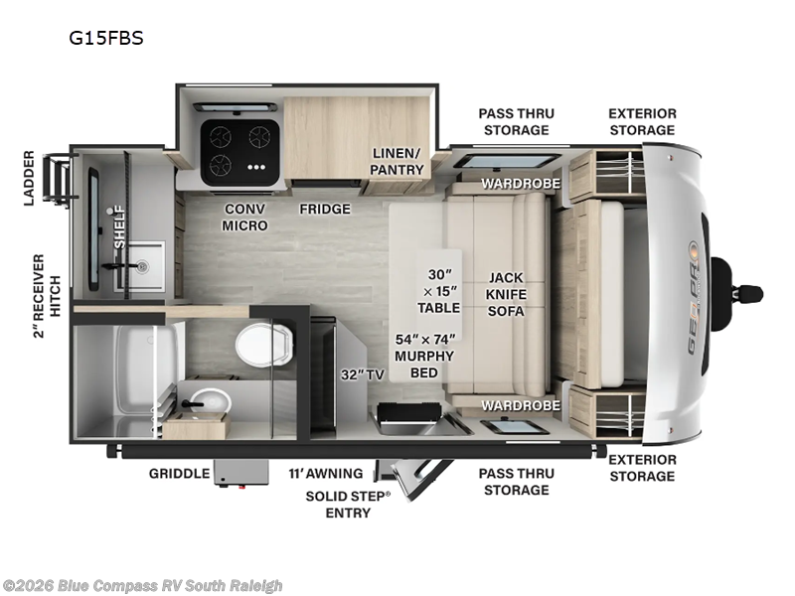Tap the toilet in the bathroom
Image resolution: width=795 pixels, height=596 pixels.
click(x=263, y=345)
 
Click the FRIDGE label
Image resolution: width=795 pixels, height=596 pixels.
click(x=325, y=209)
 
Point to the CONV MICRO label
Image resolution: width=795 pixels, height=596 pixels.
click(x=244, y=218)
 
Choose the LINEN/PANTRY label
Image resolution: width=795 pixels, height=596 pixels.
click(x=397, y=162)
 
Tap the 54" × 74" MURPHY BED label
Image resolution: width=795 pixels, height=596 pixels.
click(x=424, y=357)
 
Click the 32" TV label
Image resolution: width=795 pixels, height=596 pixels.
click(x=363, y=374)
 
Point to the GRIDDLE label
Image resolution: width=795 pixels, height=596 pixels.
click(x=180, y=474)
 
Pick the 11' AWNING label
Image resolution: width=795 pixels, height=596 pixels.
click(x=326, y=474)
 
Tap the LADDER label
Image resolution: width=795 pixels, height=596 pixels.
click(x=29, y=179)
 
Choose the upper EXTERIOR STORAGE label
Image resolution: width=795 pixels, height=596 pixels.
click(x=642, y=122)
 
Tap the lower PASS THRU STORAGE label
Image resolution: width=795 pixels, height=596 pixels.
click(x=514, y=482)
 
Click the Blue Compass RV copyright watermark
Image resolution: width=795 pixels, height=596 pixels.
click(x=143, y=586)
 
